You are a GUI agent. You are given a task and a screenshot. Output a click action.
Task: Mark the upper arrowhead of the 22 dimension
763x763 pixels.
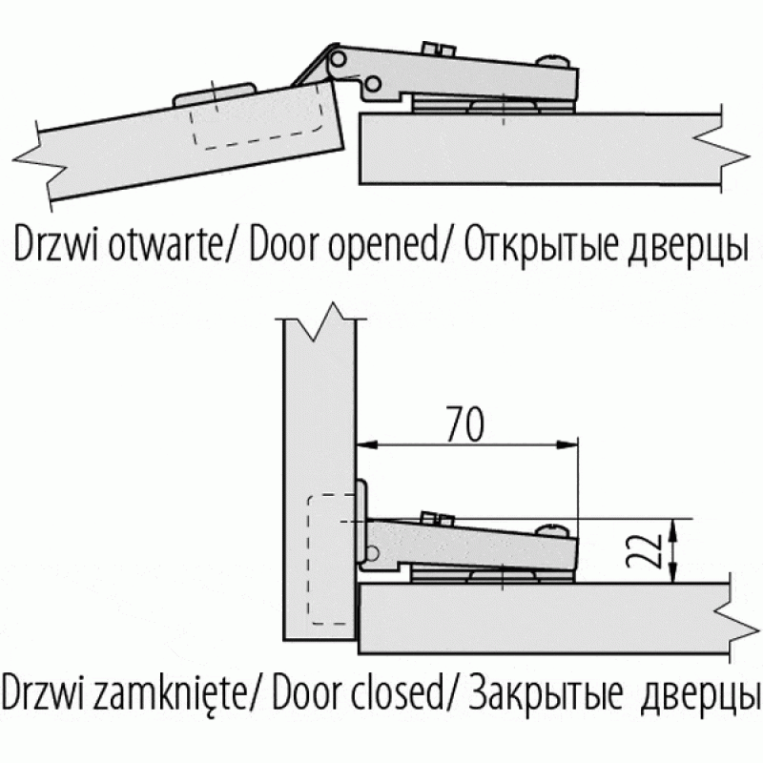tap(675, 526)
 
